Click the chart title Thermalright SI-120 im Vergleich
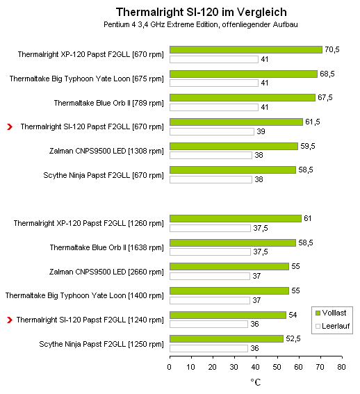[201, 12]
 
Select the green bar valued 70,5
[246, 50]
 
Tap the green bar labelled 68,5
[244, 74]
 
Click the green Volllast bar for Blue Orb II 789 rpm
[243, 97]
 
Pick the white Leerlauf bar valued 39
[212, 131]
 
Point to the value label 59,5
[308, 146]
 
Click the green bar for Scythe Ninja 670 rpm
[233, 170]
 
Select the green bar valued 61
[236, 219]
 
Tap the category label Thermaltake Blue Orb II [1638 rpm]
[106, 248]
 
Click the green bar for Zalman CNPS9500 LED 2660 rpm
[229, 266]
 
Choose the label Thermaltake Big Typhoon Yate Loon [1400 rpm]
[85, 295]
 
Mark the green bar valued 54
[228, 315]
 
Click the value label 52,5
[293, 338]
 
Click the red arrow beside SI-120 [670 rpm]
[10, 127]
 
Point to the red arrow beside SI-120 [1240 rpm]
[10, 320]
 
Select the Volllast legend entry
[331, 313]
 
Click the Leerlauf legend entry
[332, 326]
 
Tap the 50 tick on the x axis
[277, 367]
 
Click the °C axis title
[256, 382]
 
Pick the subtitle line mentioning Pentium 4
[201, 24]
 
